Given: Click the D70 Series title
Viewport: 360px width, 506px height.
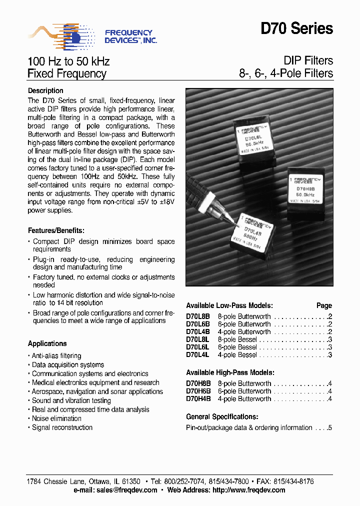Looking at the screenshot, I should (x=296, y=29).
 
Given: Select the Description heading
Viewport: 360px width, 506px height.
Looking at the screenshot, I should (x=45, y=90).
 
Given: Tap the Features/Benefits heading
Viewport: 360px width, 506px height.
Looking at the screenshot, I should (x=56, y=230).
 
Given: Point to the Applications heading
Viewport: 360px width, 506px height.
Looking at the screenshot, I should (x=47, y=343).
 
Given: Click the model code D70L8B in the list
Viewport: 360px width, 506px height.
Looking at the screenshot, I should (x=198, y=316).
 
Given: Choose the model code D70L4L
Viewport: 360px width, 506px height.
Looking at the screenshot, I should (x=197, y=354).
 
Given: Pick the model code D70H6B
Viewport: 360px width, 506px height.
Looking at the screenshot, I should (x=198, y=391).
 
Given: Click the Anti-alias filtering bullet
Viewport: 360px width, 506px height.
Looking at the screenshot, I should (x=56, y=355).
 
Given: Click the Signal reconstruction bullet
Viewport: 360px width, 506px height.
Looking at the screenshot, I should (x=62, y=427).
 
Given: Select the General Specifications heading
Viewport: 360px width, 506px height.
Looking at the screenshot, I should (x=222, y=416).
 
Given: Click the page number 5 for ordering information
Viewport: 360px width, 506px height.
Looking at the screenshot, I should (x=330, y=427).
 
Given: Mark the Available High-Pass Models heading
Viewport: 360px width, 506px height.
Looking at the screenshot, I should (x=230, y=372).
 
